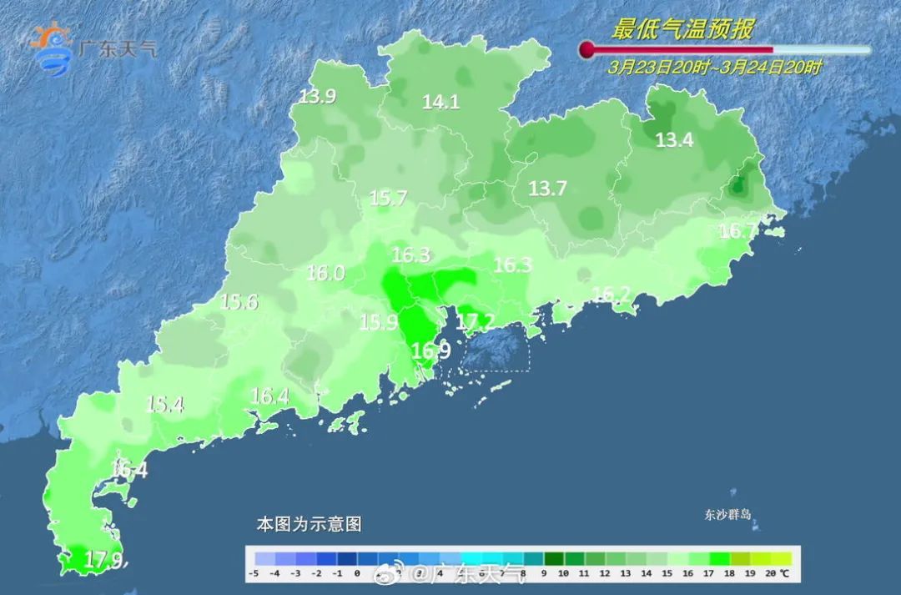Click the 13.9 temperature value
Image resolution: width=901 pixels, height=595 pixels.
coord(317,97)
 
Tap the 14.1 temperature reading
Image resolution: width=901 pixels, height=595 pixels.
coord(440,103)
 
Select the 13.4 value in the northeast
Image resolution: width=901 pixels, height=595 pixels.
coord(674,140)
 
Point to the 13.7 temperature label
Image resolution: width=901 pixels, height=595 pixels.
coord(547,189)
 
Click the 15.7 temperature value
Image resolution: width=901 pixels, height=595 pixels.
coord(388,199)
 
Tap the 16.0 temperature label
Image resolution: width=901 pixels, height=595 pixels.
coord(325,273)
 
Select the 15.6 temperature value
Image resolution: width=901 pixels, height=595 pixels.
coord(239,302)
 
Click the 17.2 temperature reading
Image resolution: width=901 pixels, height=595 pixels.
coord(476,321)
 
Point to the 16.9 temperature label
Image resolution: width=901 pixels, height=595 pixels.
coord(430,351)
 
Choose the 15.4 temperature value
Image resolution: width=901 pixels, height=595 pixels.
coord(164,405)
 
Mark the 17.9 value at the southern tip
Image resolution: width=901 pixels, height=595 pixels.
coord(104,560)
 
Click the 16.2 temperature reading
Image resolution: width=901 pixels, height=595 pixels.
coord(611,294)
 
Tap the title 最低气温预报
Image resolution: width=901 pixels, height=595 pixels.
coord(682,30)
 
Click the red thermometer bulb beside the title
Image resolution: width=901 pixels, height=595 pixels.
coord(587,49)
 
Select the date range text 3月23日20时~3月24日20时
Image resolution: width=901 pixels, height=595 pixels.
coord(715,68)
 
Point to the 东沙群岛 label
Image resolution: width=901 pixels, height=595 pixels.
coord(727,515)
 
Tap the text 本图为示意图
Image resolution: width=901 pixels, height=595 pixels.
coord(308,525)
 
